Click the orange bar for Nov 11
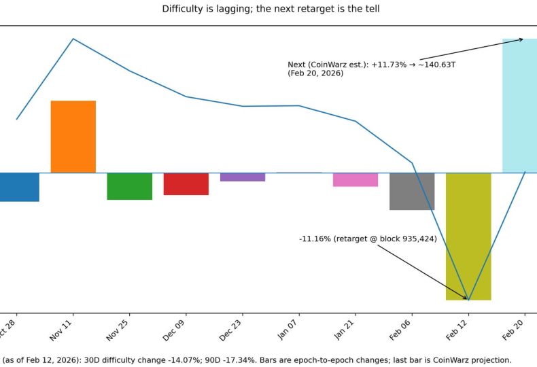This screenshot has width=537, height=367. pos(73,137)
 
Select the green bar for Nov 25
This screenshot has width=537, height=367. pos(129,186)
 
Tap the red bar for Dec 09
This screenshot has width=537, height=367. pos(186,184)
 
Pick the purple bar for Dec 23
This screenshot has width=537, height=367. pos(242,177)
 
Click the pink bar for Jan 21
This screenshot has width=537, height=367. pos(356,179)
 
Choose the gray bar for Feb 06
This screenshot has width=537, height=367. pos(412,191)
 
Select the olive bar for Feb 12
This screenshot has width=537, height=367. pos(468,236)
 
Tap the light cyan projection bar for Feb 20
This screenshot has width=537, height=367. pos(520,105)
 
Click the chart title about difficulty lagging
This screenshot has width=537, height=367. pos(271,9)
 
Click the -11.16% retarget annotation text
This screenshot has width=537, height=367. pos(368,239)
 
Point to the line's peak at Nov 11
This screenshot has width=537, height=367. pos(73,39)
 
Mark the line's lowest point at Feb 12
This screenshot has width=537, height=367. pos(468,300)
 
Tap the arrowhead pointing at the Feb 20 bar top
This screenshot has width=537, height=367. pos(522,39)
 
